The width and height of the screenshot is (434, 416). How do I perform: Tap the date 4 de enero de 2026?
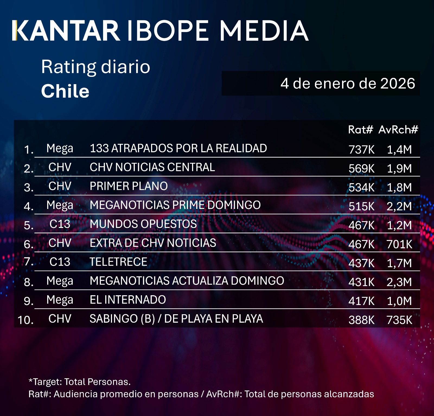coord(347,83)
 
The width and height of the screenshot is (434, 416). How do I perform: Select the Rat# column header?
coord(360,130)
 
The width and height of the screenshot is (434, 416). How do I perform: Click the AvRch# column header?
coord(398,130)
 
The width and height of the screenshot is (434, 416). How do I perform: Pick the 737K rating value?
coord(361,150)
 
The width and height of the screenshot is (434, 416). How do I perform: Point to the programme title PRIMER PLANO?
coord(129,186)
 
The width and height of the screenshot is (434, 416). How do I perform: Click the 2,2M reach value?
coord(399,206)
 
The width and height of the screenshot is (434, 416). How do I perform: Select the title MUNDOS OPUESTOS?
coord(143,224)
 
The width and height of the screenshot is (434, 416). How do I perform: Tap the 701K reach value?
coord(399,244)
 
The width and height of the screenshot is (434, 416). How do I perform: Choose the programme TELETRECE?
coord(119,262)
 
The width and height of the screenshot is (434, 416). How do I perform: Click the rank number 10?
coord(25,320)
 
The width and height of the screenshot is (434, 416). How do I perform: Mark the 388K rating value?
coord(361,320)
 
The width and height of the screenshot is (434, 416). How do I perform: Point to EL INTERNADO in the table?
coord(128,300)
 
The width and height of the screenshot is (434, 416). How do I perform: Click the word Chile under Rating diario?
coord(65,91)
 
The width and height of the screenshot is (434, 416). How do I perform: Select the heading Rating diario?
coord(95,67)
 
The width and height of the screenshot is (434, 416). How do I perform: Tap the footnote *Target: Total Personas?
coord(79,382)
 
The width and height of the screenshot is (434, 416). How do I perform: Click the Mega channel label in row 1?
coord(60,148)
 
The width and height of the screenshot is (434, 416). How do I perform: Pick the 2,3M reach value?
coord(399,282)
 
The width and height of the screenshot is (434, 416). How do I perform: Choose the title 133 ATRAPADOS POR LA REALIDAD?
coord(178,148)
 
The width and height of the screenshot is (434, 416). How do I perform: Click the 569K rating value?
coord(361,169)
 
